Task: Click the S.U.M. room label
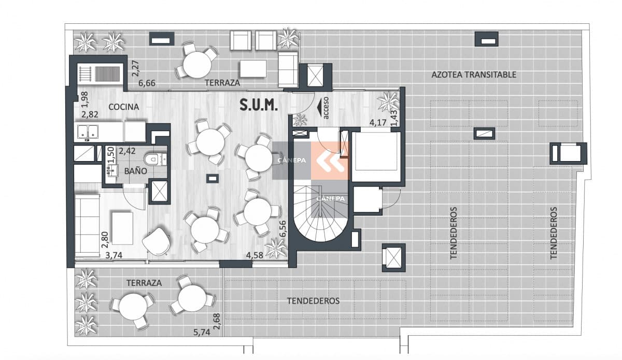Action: coord(259,105)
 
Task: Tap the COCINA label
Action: coord(123,107)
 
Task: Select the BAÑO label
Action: coord(135,171)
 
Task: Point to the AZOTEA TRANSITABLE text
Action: coord(474,75)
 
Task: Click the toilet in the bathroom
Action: coord(155,160)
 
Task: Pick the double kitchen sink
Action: coord(88,132)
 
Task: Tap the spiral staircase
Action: coord(321,214)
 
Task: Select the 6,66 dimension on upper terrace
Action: coord(147,83)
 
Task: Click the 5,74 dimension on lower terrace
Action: coord(202,332)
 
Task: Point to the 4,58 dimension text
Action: coord(255,255)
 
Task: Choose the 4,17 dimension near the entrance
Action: coord(378,122)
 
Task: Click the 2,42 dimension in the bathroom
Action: coord(127,151)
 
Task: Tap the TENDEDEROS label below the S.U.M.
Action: coord(313,301)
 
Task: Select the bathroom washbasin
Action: coord(112,170)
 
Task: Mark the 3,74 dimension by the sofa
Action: coord(114,255)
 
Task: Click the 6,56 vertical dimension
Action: coord(282,228)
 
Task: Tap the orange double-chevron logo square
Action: coord(329,161)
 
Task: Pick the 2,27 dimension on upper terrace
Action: coord(135,68)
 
